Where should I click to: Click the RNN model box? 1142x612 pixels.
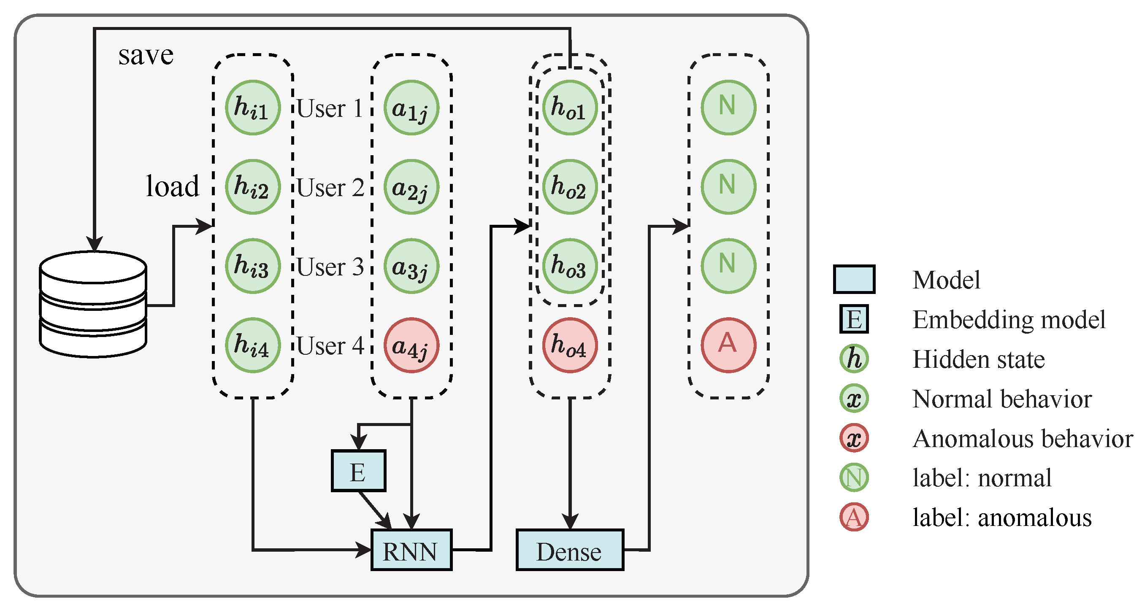coord(411,550)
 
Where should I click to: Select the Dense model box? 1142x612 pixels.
coord(570,550)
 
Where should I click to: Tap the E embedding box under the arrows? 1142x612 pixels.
coord(358,471)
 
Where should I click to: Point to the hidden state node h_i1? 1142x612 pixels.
coord(252,107)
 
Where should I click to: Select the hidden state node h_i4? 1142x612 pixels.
coord(252,345)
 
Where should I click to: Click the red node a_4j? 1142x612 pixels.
coord(411,345)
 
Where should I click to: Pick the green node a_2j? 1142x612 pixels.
coord(411,187)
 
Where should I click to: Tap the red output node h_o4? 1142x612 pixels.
coord(570,345)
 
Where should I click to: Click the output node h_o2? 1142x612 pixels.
coord(570,187)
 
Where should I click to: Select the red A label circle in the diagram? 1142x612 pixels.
coord(728,345)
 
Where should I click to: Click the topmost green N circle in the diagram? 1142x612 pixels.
coord(728,107)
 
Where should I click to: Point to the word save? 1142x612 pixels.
coord(146,56)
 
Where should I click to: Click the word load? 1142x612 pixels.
coord(173,186)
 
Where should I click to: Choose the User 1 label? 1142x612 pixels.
coord(330,108)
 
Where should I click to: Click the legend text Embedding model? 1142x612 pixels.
coord(1009,320)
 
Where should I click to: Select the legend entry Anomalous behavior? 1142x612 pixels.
coord(1022,439)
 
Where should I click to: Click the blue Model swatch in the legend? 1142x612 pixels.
coord(854,279)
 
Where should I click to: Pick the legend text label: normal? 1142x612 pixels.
coord(982,478)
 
